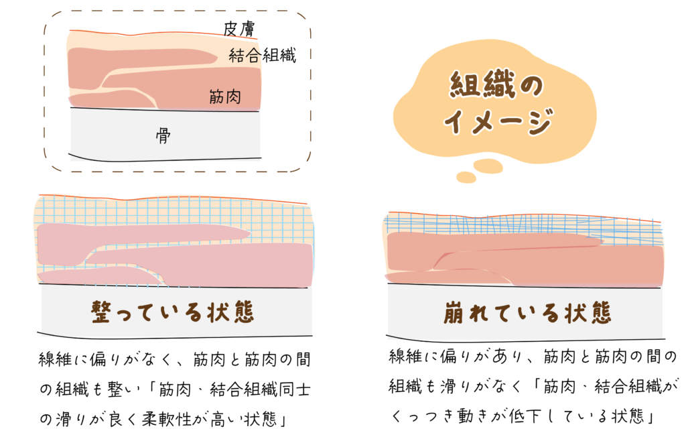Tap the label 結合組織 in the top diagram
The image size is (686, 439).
tap(262, 55)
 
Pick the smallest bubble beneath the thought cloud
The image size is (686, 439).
tap(466, 178)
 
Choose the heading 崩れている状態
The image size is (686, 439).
tap(527, 313)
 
